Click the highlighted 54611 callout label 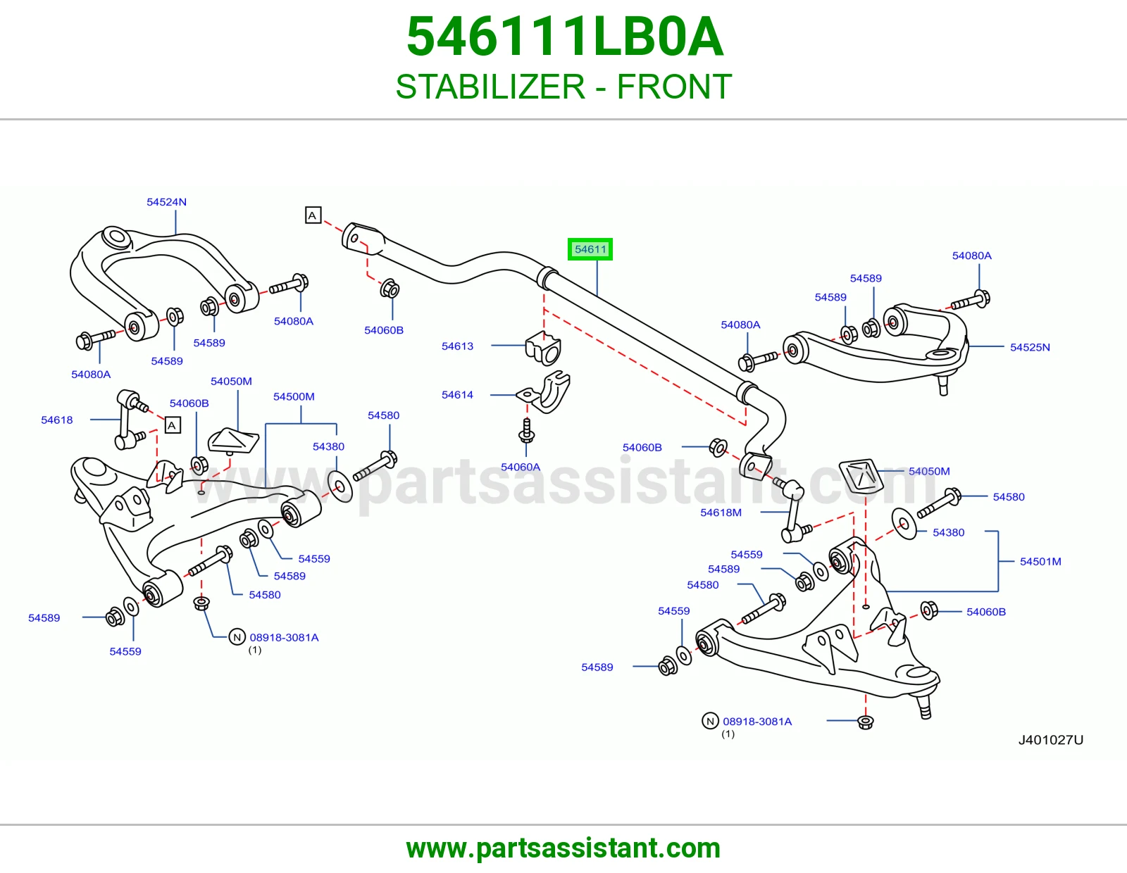coord(590,249)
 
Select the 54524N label coord(166,202)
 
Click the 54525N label coord(1030,347)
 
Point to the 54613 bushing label coord(457,346)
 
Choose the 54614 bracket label coord(457,395)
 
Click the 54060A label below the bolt coord(521,467)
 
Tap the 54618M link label coord(721,513)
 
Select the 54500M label coord(294,396)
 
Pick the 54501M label coord(1040,561)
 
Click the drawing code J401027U coord(1051,740)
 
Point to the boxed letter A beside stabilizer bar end coord(313,215)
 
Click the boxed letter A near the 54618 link coord(172,426)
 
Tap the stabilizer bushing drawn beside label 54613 coord(544,348)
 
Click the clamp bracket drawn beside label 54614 coord(544,392)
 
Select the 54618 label coord(57,420)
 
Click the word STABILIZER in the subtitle coord(490,87)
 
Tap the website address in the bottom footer coord(563,848)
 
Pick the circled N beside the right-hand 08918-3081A coord(710,721)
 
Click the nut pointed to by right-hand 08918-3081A coord(865,722)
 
